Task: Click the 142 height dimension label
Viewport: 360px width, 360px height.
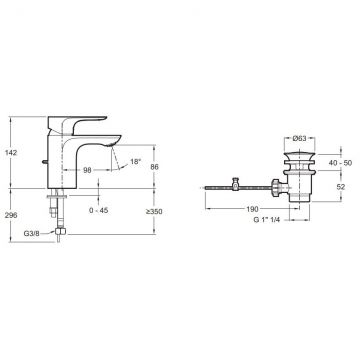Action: (x=11, y=153)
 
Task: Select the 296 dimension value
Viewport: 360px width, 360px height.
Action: (x=11, y=215)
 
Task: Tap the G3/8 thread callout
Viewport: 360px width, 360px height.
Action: (x=32, y=233)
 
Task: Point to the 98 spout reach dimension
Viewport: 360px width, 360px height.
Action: (x=87, y=170)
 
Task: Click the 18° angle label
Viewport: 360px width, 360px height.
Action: (x=135, y=162)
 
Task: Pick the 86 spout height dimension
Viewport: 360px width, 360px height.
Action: (x=154, y=167)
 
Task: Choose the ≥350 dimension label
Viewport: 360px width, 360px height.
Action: (x=154, y=212)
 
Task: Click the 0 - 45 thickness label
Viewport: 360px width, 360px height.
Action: (x=99, y=210)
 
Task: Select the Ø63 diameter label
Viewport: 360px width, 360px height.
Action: (x=299, y=139)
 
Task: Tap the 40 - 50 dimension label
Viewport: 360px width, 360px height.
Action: (x=341, y=163)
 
